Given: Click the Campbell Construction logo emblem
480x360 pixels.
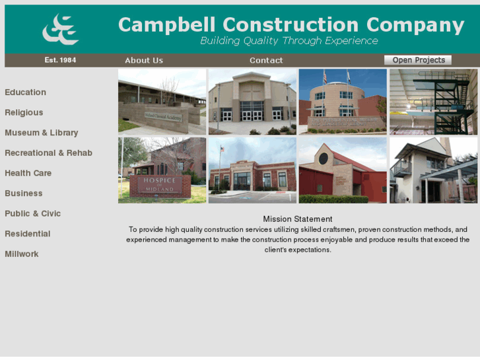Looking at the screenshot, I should coord(60,29).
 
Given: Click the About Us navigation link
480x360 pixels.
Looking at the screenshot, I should coord(143,60).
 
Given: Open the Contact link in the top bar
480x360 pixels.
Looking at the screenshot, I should coord(266,60).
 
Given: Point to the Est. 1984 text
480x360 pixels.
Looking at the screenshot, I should coord(60,60).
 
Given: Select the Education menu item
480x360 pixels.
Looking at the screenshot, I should coord(25,92).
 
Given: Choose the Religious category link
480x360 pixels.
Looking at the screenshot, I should coord(24,113).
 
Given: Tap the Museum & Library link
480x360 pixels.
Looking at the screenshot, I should coord(41,133).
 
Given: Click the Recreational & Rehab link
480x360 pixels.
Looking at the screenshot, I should coord(48,153).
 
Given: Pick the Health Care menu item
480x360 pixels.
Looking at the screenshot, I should coord(28,173).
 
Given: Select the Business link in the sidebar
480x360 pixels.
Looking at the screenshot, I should coord(23,194).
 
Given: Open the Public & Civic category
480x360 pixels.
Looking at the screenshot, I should coord(32,213).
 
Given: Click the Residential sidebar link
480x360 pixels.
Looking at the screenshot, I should coord(27,234).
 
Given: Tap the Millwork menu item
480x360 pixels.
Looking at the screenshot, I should coord(22,254).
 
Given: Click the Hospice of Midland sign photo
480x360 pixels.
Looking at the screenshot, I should coord(162,170).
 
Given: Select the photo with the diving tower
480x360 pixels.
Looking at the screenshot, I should coord(433,102).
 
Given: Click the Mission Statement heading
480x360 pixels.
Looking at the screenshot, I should coord(297,219).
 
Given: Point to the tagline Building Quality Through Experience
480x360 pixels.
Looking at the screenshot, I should coord(289,41).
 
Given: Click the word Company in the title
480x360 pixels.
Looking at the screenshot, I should coord(415,25).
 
